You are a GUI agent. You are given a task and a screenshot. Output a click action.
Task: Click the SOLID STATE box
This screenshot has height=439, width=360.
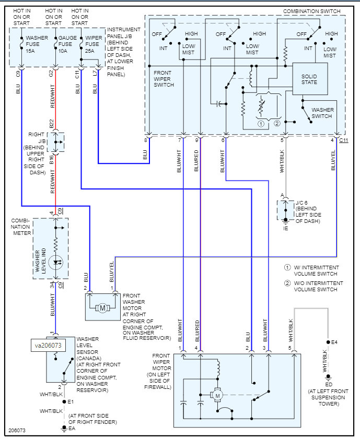coord(310,79)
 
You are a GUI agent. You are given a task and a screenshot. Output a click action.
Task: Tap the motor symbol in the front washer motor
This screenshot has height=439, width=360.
coord(102,309)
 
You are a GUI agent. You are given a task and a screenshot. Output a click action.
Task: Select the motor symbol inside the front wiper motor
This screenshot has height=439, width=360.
coord(217,395)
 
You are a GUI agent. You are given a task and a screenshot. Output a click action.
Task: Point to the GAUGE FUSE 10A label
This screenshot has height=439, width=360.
coord(67,44)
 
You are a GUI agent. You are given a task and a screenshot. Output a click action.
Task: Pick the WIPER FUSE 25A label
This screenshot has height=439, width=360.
coord(94,44)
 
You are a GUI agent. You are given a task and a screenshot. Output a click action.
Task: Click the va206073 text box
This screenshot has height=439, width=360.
coord(48,345)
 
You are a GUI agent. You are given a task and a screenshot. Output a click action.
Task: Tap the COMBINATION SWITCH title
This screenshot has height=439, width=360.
coord(311,11)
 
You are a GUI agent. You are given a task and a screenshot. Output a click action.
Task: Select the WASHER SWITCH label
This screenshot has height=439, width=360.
coord(322,113)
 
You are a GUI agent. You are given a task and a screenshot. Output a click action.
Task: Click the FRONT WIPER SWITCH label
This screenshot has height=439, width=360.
coord(164,79)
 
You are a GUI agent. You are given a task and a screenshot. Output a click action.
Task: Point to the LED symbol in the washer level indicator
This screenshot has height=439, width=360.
coord(56,263)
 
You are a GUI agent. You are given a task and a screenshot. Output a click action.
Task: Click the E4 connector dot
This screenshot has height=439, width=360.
coord(328,342)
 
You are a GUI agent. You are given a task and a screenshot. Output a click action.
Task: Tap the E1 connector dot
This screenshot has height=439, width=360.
coord(64,402)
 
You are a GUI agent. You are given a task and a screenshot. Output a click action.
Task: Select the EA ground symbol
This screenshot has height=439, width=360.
coord(64,428)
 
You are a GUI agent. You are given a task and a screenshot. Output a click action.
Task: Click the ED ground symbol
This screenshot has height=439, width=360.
coord(328,377)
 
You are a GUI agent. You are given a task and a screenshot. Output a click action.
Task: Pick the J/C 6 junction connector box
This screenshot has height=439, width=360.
coord(285,210)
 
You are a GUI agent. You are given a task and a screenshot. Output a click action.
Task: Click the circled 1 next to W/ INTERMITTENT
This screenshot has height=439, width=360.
coord(287,267)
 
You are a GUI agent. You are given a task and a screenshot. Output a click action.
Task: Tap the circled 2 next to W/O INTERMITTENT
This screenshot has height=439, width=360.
coord(287,283)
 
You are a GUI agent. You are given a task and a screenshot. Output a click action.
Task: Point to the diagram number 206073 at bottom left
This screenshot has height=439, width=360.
coord(17,430)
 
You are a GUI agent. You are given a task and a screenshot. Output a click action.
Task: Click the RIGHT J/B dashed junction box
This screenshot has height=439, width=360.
coord(55,142)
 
